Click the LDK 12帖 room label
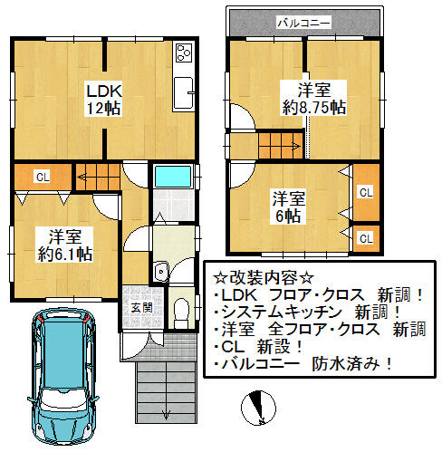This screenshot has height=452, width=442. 103,99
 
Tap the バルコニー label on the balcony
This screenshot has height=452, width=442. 303,23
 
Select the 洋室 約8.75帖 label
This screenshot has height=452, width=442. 313,99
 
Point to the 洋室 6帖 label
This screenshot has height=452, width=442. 288,207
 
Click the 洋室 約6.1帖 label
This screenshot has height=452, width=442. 65,245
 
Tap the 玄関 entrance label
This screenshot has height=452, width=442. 141,308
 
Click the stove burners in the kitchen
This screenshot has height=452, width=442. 184,53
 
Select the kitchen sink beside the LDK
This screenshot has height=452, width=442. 183,93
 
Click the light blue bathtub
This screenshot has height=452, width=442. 173,176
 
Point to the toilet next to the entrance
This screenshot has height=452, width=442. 181,313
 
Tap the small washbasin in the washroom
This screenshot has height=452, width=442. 161,271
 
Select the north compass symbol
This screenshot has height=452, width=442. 258,408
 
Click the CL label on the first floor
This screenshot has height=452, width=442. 43,177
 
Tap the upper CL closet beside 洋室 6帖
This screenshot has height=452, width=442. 366,193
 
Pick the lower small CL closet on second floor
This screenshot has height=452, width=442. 366,239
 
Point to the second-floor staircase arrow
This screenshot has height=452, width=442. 295,147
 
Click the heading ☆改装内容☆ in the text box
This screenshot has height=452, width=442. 264,278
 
